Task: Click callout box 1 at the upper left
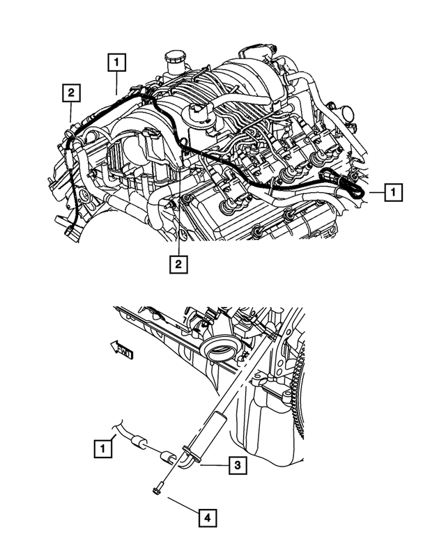(x=116, y=63)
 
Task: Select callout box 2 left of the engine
(x=71, y=91)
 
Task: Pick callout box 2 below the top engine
(x=178, y=263)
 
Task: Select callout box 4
(x=206, y=517)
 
